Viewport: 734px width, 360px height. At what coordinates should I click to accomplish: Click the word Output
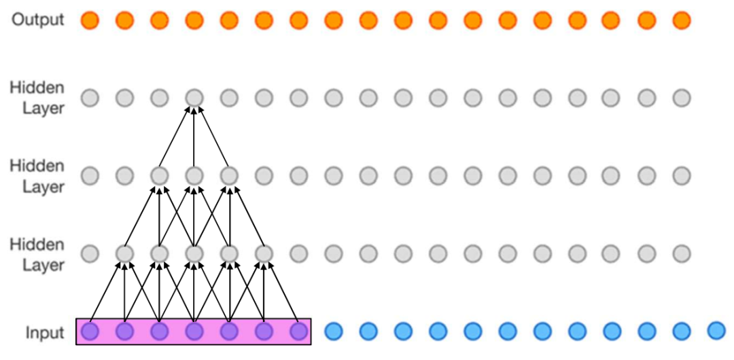pyautogui.click(x=37, y=20)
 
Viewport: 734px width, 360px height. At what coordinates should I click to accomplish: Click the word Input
pyautogui.click(x=45, y=333)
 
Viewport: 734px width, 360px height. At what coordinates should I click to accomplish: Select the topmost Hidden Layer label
pyautogui.click(x=37, y=98)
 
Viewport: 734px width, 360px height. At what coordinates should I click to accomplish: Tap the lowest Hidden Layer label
pyautogui.click(x=37, y=255)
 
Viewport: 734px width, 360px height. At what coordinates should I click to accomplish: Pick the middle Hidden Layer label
pyautogui.click(x=37, y=176)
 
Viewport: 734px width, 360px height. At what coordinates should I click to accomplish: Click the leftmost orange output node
pyautogui.click(x=90, y=21)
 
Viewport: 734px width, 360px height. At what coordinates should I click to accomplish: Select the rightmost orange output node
pyautogui.click(x=681, y=21)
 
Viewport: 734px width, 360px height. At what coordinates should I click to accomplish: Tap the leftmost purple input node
pyautogui.click(x=90, y=331)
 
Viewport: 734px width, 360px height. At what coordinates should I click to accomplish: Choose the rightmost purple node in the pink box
pyautogui.click(x=298, y=331)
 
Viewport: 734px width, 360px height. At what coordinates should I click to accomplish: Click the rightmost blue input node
pyautogui.click(x=716, y=330)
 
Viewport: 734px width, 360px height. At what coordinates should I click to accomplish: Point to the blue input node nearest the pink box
pyautogui.click(x=333, y=331)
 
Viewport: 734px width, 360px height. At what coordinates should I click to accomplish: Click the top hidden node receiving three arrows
pyautogui.click(x=194, y=98)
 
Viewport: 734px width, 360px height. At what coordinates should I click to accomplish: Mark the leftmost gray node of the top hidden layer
pyautogui.click(x=90, y=98)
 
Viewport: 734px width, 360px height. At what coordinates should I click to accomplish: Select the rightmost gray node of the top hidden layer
pyautogui.click(x=681, y=98)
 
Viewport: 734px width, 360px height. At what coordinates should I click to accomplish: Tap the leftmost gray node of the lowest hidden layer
pyautogui.click(x=90, y=255)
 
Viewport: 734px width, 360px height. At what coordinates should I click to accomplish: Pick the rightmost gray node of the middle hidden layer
pyautogui.click(x=681, y=177)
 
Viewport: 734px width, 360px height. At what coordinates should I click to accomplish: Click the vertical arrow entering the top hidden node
pyautogui.click(x=194, y=136)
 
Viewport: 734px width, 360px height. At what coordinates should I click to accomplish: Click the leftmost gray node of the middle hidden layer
pyautogui.click(x=90, y=177)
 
